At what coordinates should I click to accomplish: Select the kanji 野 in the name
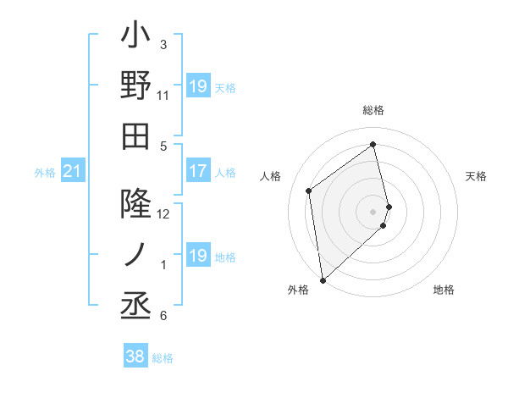[135, 86]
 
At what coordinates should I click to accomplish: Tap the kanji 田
[135, 135]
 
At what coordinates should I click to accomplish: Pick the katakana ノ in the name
[135, 253]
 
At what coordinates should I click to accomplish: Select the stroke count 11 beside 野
[163, 95]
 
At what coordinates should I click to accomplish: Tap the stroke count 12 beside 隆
[163, 213]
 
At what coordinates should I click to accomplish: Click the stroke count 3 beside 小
[163, 44]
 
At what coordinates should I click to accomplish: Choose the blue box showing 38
[135, 357]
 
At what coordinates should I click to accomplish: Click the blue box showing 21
[73, 173]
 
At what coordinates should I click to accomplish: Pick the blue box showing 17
[197, 172]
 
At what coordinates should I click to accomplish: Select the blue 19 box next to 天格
[197, 87]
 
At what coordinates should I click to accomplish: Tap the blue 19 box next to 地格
[197, 257]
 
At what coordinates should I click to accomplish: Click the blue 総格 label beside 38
[163, 358]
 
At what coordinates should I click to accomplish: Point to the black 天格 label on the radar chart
[476, 176]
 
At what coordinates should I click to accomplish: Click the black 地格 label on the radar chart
[444, 290]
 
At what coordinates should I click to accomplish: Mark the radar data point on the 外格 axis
[323, 279]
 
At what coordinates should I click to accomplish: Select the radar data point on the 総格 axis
[373, 144]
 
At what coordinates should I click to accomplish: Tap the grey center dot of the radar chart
[373, 211]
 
